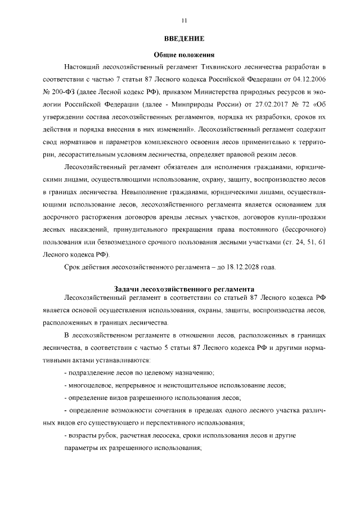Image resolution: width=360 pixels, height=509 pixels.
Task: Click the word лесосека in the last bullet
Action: coord(163,436)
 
